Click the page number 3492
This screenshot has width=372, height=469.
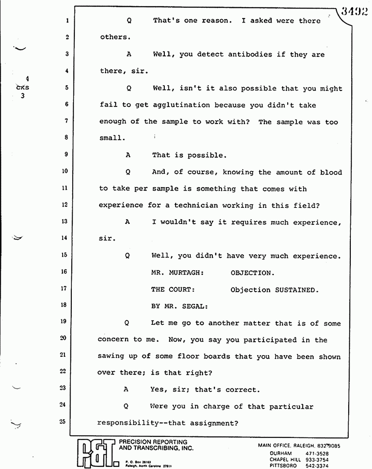[x=354, y=11]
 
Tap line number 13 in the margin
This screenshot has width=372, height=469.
[x=65, y=222]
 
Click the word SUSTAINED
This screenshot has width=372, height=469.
[x=296, y=290]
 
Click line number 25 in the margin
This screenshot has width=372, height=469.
[x=65, y=422]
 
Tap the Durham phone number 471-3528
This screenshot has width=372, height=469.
[x=317, y=453]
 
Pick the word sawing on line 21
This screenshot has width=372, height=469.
[x=112, y=357]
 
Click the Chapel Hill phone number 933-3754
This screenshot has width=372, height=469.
[x=317, y=459]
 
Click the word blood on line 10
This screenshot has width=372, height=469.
[x=331, y=172]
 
